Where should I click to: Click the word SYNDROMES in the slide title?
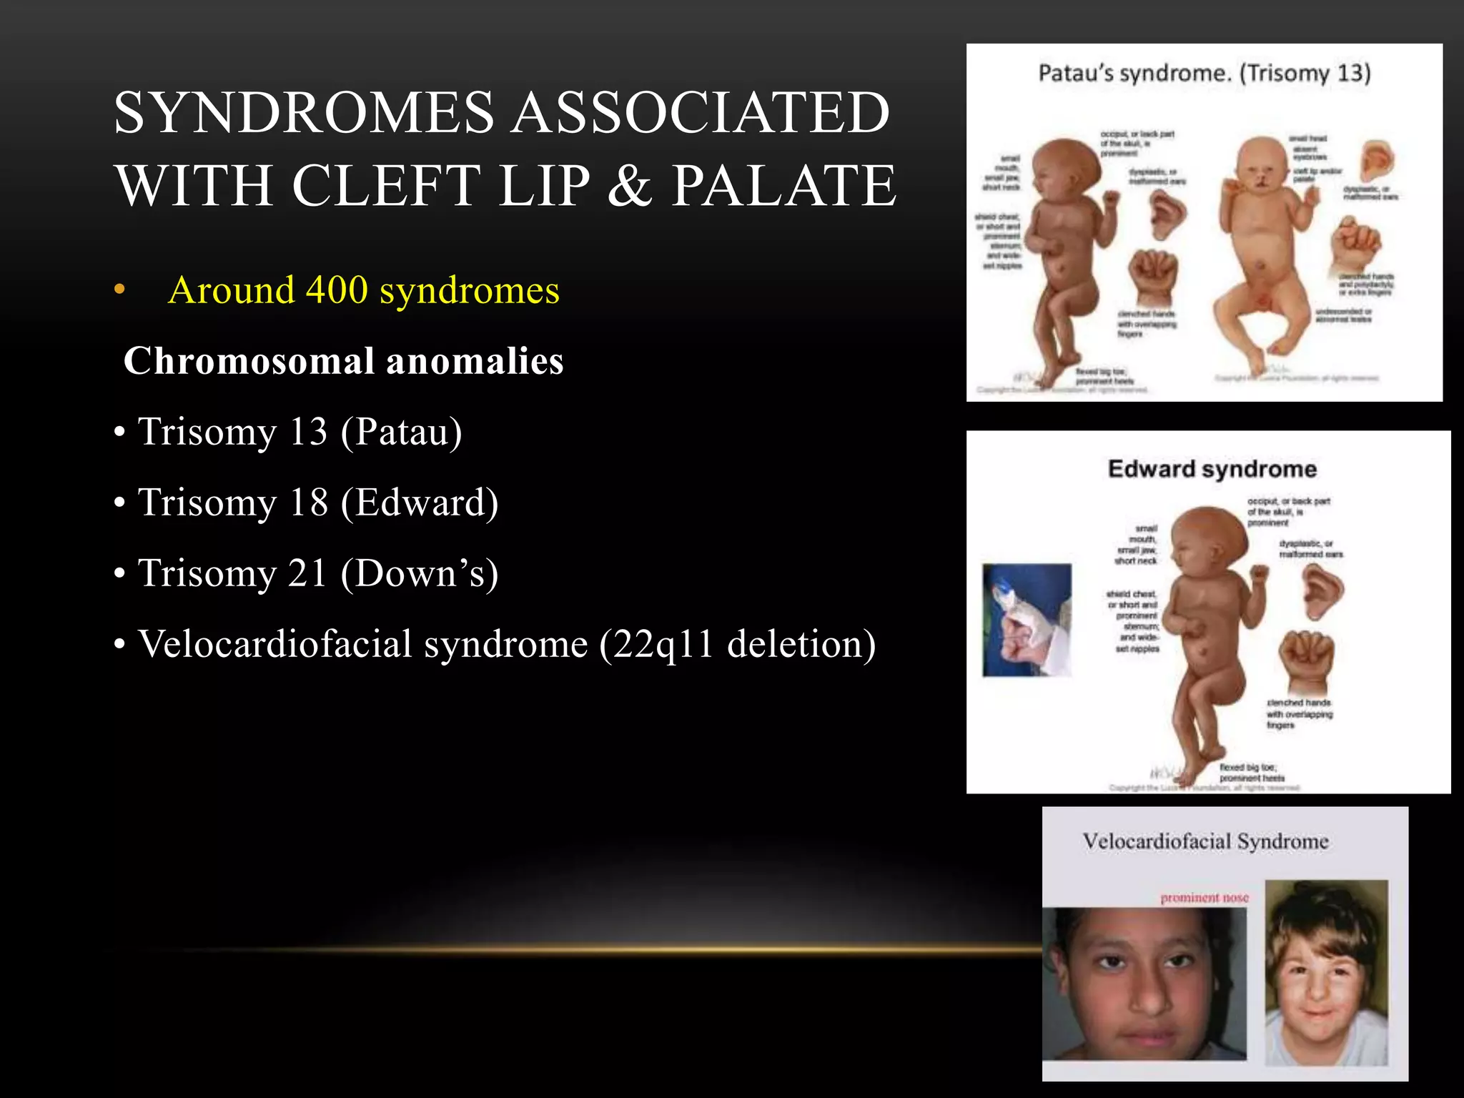(303, 113)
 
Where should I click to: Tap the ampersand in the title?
(629, 186)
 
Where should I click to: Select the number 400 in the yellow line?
(337, 290)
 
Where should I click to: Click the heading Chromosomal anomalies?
(343, 361)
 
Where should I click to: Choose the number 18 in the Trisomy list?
(308, 503)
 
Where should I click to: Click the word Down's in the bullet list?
(420, 573)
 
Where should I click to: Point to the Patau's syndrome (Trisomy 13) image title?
(1204, 74)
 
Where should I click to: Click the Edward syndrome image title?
(1212, 469)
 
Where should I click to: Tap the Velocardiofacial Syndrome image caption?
(1205, 841)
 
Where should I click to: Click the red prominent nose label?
(1204, 898)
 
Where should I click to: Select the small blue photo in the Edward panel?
(1027, 620)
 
